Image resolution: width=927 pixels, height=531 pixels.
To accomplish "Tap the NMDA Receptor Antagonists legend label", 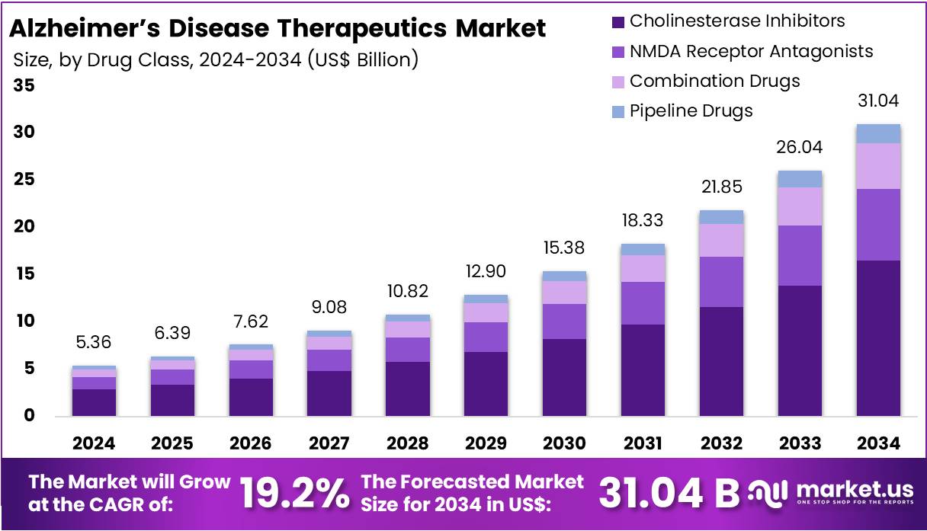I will pos(751,51).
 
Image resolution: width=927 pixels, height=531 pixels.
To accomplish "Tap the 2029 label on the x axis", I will pos(485,443).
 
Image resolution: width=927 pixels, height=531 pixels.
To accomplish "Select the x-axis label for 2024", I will pos(94,443).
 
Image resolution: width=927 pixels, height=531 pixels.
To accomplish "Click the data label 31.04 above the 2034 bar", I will pos(877,101).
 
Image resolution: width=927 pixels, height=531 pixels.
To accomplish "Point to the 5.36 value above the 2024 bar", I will pos(94,343).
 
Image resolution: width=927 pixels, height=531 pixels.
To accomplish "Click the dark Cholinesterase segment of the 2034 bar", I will pos(877,337).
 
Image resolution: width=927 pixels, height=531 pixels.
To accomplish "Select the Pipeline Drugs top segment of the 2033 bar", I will pos(799,179).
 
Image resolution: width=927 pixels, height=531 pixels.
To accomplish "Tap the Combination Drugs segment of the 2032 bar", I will pos(721,240).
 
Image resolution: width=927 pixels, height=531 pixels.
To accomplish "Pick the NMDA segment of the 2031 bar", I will pos(643,303).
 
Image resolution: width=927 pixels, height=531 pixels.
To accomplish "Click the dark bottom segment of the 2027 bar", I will pos(329,393).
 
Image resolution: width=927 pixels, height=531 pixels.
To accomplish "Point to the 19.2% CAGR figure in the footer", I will pos(294,493).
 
